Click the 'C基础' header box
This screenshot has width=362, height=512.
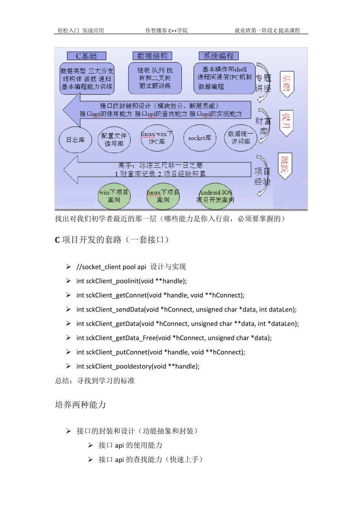(86, 56)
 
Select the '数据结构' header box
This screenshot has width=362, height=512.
(152, 56)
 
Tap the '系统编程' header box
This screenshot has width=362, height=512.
(219, 56)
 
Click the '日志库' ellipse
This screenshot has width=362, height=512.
(75, 140)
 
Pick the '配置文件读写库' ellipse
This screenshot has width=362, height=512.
(114, 140)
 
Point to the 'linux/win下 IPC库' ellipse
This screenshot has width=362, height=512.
(157, 138)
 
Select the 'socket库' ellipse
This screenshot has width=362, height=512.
(200, 138)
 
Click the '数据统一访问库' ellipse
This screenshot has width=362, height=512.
(240, 138)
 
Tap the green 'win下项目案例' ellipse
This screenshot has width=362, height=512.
(114, 196)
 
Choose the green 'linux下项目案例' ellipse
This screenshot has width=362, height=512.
(163, 196)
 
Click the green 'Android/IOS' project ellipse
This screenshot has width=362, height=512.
(215, 196)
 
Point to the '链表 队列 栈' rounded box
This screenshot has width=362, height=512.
(155, 78)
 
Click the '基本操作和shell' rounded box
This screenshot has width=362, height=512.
(224, 78)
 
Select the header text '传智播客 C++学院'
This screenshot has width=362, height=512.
(167, 30)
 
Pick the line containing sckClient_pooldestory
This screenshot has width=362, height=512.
(138, 366)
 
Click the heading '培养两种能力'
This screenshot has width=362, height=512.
(80, 405)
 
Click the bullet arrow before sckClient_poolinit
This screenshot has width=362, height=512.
(69, 281)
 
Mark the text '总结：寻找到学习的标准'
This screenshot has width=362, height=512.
(95, 381)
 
